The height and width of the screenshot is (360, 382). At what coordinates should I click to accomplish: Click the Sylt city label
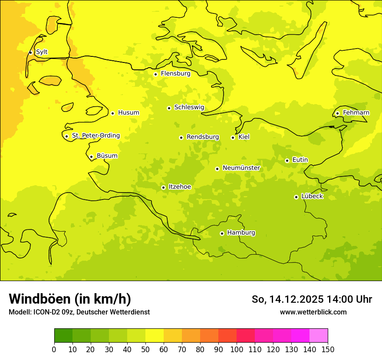click(42, 52)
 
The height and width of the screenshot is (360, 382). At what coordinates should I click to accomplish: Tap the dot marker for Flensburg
click(155, 74)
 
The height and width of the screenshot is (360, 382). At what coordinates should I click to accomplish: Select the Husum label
click(128, 113)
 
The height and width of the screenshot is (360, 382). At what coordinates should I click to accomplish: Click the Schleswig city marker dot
click(169, 108)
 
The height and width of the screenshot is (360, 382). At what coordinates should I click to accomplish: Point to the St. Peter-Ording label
click(95, 136)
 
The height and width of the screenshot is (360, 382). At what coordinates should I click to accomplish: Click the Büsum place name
click(107, 156)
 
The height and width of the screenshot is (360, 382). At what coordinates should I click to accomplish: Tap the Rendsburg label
click(203, 137)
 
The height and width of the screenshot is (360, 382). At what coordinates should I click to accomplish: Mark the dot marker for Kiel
click(233, 137)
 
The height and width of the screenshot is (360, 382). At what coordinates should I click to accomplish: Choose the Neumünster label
click(241, 168)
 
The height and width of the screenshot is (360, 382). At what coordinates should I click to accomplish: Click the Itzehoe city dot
click(163, 188)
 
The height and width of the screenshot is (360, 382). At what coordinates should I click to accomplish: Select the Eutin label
click(300, 160)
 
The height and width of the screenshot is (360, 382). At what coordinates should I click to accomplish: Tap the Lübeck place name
click(312, 196)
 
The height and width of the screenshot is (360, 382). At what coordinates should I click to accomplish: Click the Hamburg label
click(241, 233)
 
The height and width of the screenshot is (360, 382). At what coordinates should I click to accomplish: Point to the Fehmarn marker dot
click(337, 113)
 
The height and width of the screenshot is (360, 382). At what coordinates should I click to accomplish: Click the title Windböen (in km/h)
click(70, 299)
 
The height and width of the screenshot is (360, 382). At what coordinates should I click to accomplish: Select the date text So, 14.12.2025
click(288, 299)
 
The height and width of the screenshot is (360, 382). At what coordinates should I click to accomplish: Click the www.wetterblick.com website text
click(313, 312)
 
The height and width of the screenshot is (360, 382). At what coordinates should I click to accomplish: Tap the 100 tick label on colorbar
click(237, 349)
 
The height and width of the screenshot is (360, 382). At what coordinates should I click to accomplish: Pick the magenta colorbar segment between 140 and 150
click(319, 336)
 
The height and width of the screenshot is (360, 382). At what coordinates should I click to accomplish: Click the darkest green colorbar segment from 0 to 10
click(63, 336)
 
